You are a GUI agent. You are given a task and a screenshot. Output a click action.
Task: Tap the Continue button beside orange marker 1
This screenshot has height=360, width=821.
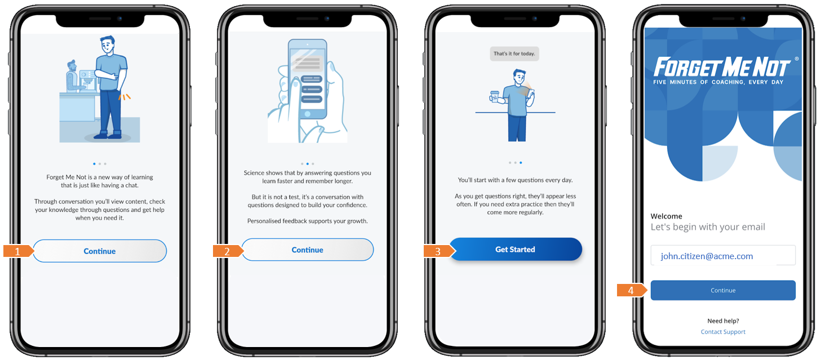pos(100,251)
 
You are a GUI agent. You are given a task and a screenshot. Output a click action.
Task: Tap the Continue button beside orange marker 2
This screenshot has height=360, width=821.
pos(308,250)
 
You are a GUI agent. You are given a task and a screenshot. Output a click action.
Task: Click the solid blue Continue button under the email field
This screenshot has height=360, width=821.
pos(723,290)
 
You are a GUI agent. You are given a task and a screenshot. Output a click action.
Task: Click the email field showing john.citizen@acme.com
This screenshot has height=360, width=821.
pos(723,256)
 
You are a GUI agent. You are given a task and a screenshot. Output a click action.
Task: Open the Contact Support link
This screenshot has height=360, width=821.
pos(723,332)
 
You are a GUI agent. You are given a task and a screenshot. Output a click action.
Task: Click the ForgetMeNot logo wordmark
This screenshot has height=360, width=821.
pos(722,67)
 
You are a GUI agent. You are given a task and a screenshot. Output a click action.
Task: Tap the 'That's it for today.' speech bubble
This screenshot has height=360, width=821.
pos(514,54)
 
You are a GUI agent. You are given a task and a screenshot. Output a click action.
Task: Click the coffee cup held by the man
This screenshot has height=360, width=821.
pos(495,96)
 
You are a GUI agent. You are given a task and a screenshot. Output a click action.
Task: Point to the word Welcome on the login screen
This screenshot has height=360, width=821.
pos(667,216)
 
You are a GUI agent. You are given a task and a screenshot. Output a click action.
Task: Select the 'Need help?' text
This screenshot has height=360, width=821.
pos(723,321)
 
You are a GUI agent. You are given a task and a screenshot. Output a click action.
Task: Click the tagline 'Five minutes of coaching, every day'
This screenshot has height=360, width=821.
pos(718,82)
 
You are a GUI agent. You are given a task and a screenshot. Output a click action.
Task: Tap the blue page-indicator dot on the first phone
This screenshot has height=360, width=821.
pos(94,164)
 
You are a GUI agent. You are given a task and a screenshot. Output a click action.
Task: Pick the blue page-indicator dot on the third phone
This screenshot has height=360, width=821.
pos(521,162)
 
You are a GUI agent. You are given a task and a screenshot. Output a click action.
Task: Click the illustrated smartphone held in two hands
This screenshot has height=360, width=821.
pos(307,79)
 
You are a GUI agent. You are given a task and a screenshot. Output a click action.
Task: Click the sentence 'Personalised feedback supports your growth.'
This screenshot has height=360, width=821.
pos(308,221)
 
